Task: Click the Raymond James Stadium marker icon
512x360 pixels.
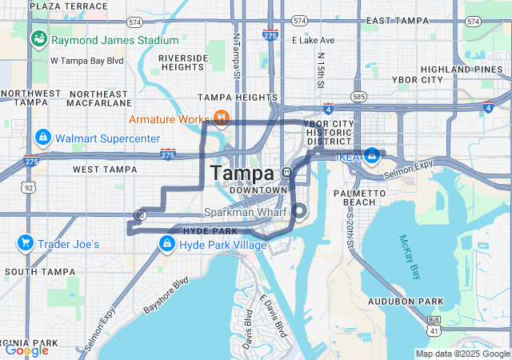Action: click(38, 39)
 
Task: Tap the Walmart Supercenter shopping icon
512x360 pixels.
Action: click(43, 138)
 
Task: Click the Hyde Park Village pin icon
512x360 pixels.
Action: click(167, 243)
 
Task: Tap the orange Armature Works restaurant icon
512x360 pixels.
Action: click(222, 119)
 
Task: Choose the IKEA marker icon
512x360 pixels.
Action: click(372, 154)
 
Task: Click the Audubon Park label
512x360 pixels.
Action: click(406, 302)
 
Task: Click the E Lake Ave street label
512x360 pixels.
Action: click(314, 40)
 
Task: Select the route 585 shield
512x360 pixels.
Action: click(358, 97)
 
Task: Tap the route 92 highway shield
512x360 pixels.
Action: click(29, 188)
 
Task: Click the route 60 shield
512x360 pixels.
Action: click(140, 214)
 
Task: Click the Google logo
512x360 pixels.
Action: click(26, 350)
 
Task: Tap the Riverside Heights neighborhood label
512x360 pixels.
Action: click(183, 63)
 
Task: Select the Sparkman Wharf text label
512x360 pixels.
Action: click(245, 212)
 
